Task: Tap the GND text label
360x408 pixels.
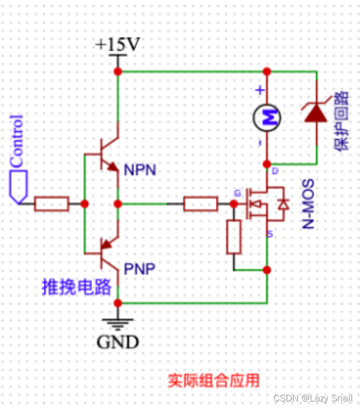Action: [117, 342]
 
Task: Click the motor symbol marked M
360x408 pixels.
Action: [267, 118]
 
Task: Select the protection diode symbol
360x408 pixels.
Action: [316, 114]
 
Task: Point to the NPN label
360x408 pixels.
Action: [140, 170]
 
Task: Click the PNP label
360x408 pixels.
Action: [139, 269]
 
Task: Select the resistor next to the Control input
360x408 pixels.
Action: [51, 204]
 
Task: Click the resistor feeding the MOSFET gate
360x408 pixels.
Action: [200, 204]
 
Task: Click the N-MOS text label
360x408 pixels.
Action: [309, 204]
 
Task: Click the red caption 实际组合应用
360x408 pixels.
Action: [213, 381]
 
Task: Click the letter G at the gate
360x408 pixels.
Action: [237, 193]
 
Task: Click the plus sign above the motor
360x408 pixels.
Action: [259, 90]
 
